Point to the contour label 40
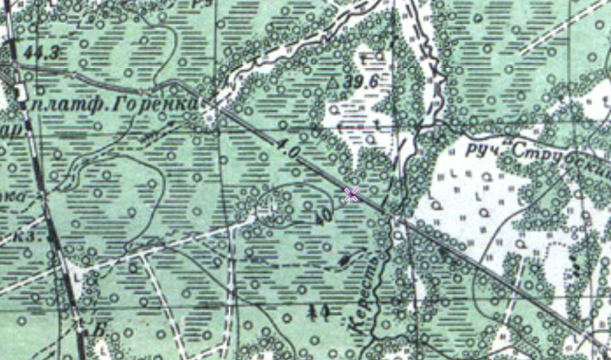pyautogui.click(x=323, y=218)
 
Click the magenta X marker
pyautogui.click(x=351, y=195)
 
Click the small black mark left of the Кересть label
pyautogui.click(x=344, y=260)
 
